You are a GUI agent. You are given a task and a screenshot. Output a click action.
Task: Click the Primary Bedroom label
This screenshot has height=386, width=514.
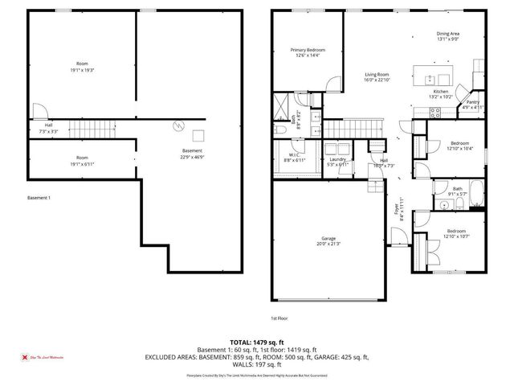(308, 50)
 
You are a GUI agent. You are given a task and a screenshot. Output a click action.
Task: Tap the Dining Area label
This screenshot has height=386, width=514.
(447, 34)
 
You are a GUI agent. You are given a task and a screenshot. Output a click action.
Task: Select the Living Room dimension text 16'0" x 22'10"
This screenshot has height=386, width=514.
(377, 79)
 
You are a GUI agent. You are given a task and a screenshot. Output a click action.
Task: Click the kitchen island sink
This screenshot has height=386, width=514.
(430, 79)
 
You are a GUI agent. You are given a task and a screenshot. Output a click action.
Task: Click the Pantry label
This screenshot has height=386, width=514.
(473, 102)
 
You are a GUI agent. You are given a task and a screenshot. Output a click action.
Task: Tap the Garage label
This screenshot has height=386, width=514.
(328, 238)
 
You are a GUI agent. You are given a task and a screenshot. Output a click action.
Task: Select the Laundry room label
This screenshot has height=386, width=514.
(337, 159)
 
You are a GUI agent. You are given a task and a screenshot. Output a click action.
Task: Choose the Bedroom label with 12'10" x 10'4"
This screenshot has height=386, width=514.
(459, 142)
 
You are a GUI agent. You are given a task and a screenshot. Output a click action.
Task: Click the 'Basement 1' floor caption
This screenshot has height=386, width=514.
(39, 198)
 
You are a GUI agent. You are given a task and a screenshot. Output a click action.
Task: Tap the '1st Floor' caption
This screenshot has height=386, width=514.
(279, 318)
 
